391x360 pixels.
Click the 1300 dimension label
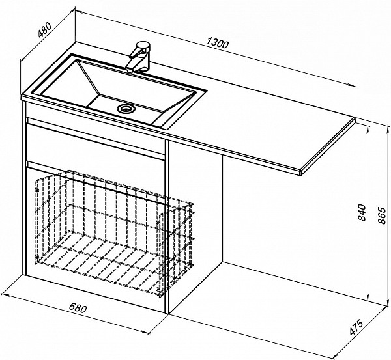pyautogui.click(x=218, y=43)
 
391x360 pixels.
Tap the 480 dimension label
pyautogui.click(x=44, y=29)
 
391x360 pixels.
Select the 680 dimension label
pyautogui.click(x=78, y=308)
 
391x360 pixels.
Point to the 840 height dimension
pyautogui.click(x=362, y=212)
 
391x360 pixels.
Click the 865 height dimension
pyautogui.click(x=382, y=215)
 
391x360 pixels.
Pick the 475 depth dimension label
pyautogui.click(x=356, y=327)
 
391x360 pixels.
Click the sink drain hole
pyautogui.click(x=126, y=108)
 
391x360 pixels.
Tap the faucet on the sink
pyautogui.click(x=139, y=57)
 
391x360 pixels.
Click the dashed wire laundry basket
pyautogui.click(x=115, y=233)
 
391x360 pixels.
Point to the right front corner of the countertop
pyautogui.click(x=301, y=173)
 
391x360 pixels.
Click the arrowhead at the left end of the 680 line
pyautogui.click(x=5, y=295)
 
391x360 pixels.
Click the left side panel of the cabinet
pyautogui.click(x=24, y=188)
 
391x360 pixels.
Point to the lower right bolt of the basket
pyautogui.click(x=157, y=289)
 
